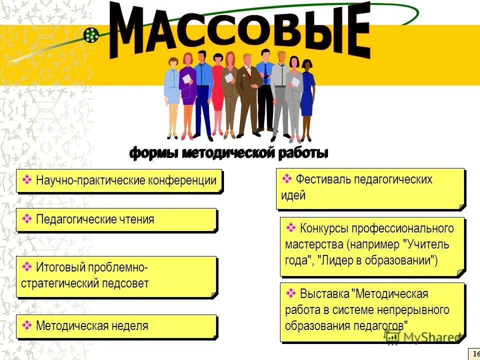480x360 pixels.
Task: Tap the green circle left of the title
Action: (90, 34)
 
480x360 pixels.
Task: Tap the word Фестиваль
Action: (323, 179)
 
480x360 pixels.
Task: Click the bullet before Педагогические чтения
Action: (27, 219)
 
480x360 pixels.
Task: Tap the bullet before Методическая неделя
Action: (27, 326)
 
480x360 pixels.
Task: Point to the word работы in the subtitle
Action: (303, 153)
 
